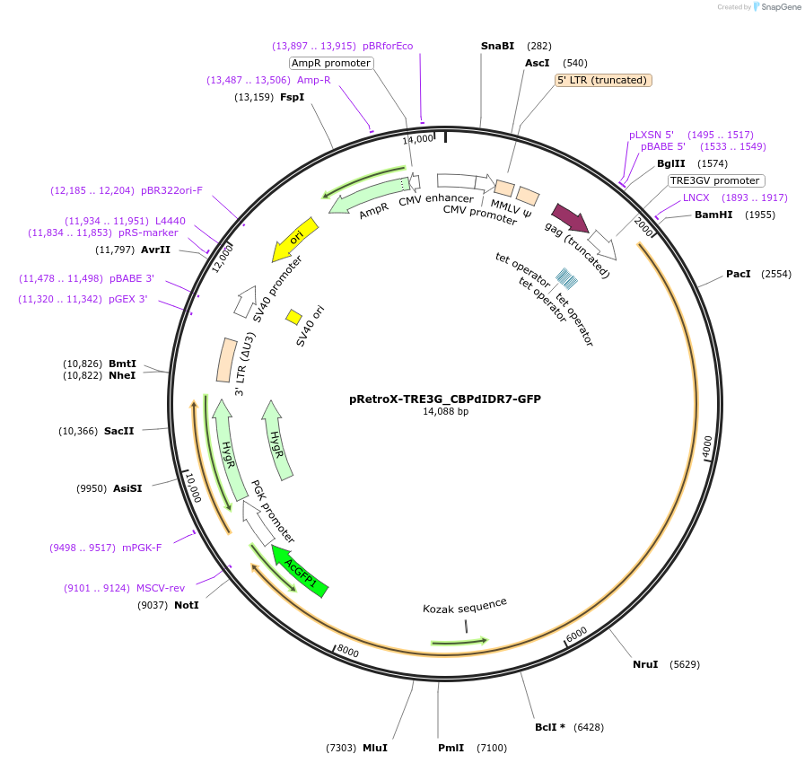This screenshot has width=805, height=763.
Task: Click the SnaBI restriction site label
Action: (x=497, y=46)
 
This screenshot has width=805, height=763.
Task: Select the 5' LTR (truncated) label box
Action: (x=603, y=80)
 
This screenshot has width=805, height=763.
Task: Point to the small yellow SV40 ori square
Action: (x=293, y=317)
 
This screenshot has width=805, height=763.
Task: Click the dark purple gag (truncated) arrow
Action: (x=569, y=218)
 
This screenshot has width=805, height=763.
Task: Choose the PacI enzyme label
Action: (x=738, y=274)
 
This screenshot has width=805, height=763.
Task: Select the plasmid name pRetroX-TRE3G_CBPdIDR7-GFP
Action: (x=445, y=399)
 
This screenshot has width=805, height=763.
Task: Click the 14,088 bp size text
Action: (x=445, y=412)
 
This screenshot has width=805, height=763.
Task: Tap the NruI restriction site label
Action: (x=645, y=664)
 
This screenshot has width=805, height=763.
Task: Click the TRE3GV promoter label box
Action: (x=716, y=180)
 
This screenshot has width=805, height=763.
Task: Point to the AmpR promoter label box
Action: (x=331, y=63)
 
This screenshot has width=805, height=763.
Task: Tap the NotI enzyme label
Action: (x=186, y=605)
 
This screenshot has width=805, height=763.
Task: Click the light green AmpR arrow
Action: (x=368, y=197)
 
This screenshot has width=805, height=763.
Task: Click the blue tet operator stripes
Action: (x=566, y=278)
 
